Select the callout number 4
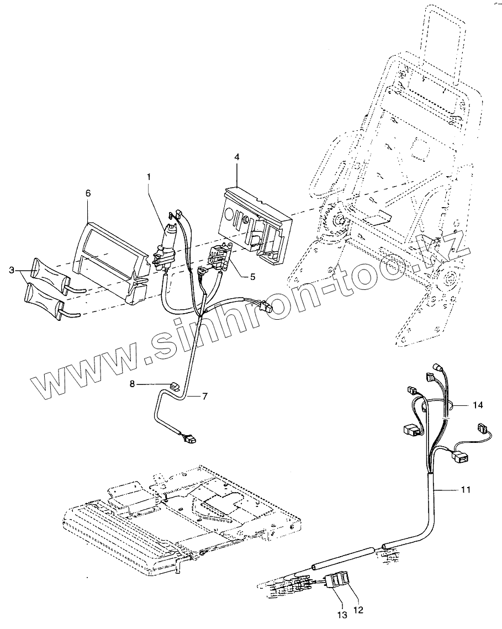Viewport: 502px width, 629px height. point(236,157)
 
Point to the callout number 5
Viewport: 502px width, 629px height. point(252,276)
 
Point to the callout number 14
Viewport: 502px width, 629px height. point(478,405)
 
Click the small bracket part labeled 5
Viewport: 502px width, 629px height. point(218,257)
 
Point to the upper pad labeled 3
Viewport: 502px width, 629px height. point(50,271)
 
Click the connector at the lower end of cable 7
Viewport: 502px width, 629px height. point(189,440)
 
